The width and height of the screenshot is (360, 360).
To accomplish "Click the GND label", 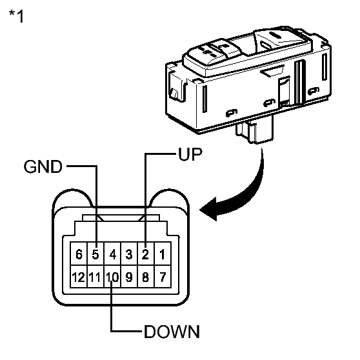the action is pyautogui.click(x=43, y=166).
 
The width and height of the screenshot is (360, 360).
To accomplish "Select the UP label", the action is pyautogui.click(x=190, y=154).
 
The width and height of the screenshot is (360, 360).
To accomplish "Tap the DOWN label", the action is pyautogui.click(x=172, y=332).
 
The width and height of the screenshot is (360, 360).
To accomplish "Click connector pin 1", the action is pyautogui.click(x=163, y=254).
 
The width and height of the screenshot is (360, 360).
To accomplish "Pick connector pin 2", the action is pyautogui.click(x=146, y=254).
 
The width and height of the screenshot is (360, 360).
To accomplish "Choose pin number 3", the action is pyautogui.click(x=129, y=254).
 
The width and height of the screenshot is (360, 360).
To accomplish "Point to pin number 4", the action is pyautogui.click(x=112, y=254).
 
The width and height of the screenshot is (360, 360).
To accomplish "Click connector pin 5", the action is pyautogui.click(x=95, y=254).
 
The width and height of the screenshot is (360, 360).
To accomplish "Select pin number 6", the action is pyautogui.click(x=79, y=254).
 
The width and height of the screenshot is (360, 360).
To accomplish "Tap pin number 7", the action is pyautogui.click(x=163, y=276).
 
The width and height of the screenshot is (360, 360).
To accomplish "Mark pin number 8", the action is pyautogui.click(x=146, y=276).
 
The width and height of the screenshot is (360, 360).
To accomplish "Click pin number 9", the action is pyautogui.click(x=129, y=276).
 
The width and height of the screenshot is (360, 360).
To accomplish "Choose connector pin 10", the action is pyautogui.click(x=112, y=276).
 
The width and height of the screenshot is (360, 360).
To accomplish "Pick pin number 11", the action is pyautogui.click(x=95, y=276).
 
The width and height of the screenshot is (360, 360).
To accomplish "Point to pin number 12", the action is pyautogui.click(x=79, y=276).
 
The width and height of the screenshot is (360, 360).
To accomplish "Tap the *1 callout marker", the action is pyautogui.click(x=16, y=16).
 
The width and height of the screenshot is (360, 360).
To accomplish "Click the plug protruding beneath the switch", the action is pyautogui.click(x=255, y=130).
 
